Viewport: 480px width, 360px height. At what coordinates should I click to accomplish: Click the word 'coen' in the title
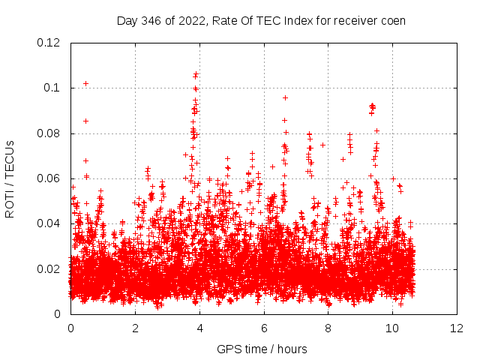tap(391, 20)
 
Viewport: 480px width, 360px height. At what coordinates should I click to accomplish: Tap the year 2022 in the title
tap(190, 20)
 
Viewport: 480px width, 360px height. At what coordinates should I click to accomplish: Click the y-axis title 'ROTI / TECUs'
tap(10, 178)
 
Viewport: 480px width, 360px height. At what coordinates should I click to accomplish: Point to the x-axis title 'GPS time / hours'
tap(262, 349)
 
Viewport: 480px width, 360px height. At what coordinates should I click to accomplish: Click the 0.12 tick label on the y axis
tap(49, 43)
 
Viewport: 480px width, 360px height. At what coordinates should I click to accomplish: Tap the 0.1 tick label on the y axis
tap(52, 88)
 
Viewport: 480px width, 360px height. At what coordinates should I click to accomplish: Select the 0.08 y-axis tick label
tap(49, 133)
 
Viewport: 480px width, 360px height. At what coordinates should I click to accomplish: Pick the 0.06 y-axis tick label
tap(49, 178)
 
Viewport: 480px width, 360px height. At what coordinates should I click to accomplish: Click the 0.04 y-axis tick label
tap(49, 223)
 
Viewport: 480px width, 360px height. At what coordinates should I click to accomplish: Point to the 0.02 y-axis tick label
tap(49, 269)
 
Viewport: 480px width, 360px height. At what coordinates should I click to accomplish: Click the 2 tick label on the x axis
tap(135, 328)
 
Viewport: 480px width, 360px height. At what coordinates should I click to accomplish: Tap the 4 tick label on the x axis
tap(199, 328)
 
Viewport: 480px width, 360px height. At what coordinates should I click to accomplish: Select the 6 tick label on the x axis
tap(264, 328)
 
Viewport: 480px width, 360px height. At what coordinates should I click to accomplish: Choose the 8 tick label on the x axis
tap(328, 328)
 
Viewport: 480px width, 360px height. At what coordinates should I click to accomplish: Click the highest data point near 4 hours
tap(196, 73)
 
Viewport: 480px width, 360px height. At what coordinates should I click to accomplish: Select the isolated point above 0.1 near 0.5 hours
tap(85, 83)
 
